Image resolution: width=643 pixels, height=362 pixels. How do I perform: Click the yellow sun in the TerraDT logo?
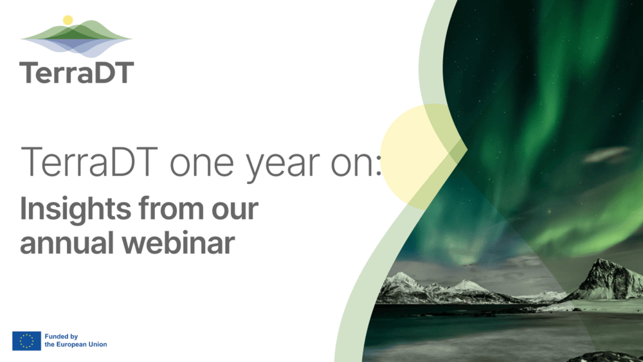[68, 20]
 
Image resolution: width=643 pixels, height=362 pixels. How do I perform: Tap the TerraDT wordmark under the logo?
[77, 73]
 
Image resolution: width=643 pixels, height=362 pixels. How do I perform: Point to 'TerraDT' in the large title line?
[89, 162]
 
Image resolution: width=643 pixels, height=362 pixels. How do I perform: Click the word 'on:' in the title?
[359, 163]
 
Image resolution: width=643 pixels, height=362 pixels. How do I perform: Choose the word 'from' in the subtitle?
[158, 210]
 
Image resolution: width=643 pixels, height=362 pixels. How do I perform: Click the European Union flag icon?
[26, 341]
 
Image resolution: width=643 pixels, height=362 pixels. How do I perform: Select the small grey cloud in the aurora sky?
[607, 154]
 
